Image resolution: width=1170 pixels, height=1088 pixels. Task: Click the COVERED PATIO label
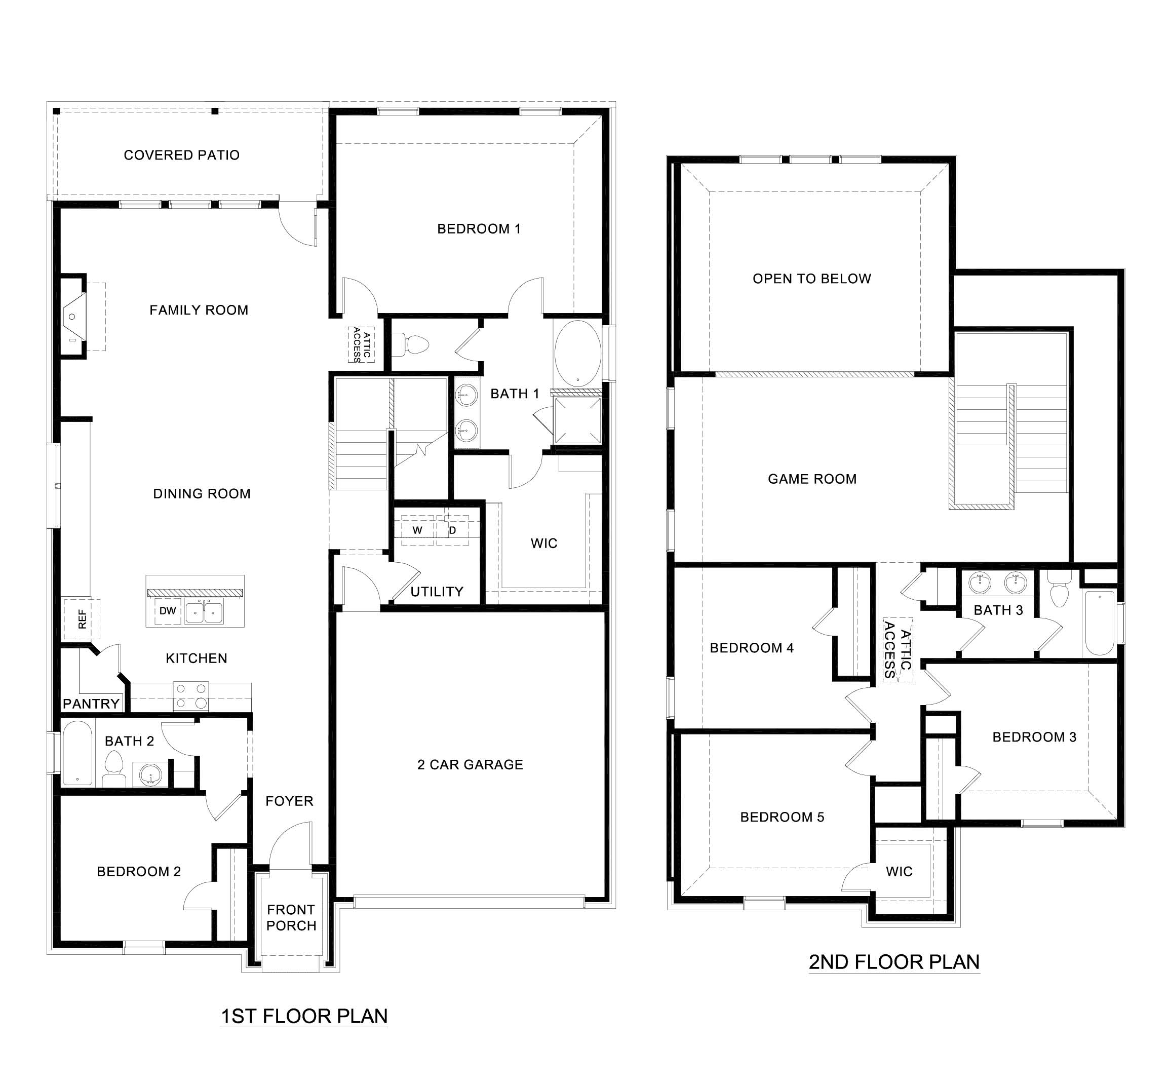tap(181, 156)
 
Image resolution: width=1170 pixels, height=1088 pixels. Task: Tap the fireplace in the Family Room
tap(73, 317)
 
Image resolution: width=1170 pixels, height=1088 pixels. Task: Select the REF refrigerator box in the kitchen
tap(82, 619)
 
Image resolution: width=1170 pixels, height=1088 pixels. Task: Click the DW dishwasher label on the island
tap(168, 611)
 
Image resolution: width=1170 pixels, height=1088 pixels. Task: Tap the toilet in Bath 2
tap(113, 768)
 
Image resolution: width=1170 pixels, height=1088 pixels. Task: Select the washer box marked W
tap(417, 530)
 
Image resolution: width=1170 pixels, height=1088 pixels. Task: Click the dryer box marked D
tap(453, 530)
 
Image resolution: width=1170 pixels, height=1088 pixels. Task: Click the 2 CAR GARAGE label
tap(470, 764)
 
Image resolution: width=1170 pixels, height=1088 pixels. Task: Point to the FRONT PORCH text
tap(291, 917)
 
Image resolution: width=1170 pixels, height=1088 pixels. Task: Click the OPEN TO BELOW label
tap(811, 279)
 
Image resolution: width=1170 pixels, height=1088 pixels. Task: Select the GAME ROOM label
tap(811, 479)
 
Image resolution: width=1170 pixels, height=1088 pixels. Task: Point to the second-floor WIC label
tap(899, 871)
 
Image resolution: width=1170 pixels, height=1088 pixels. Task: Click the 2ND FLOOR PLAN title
tap(893, 962)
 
